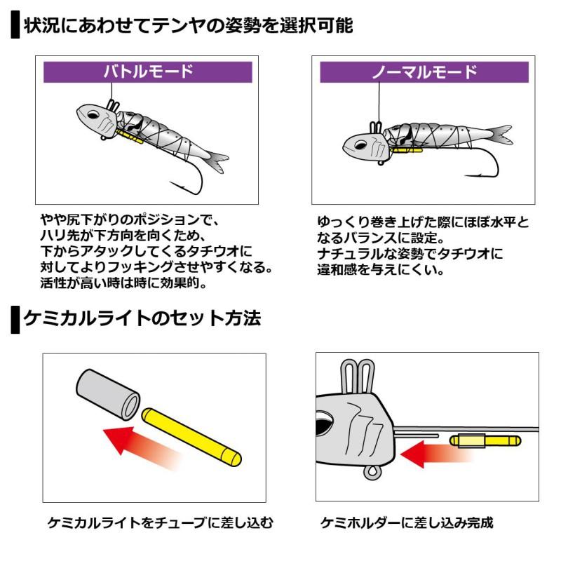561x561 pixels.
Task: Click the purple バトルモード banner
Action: coord(147,72)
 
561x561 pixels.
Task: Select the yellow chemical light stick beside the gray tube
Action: coord(192,436)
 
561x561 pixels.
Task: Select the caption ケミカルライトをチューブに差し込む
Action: coord(159,523)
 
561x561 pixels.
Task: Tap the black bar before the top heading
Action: coord(15,26)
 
